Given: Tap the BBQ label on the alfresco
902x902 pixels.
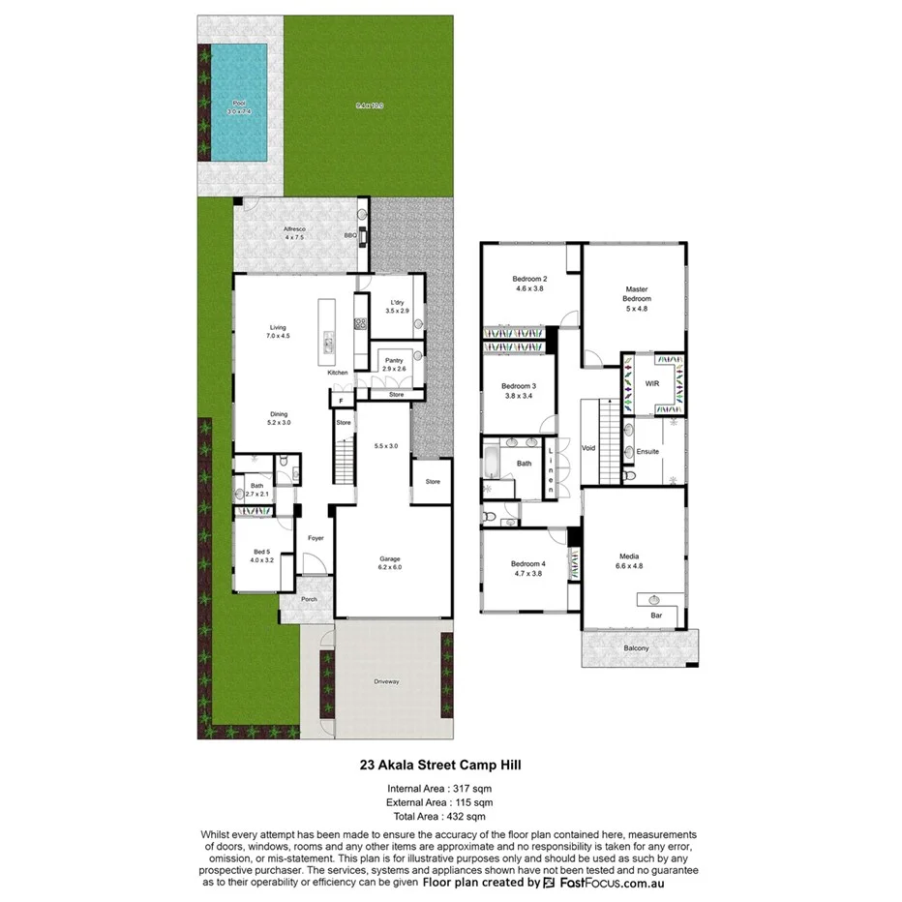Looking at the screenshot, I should point(350,235).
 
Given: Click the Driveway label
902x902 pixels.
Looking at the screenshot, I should point(386,682).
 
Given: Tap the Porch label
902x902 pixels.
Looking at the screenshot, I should point(309,599).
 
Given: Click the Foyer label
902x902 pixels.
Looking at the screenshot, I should point(316,538).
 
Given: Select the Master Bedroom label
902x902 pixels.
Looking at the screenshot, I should point(636,293).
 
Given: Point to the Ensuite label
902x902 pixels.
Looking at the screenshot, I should point(647,452).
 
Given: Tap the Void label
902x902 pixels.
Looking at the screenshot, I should point(587,448).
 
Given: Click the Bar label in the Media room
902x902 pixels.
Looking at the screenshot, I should point(654,615).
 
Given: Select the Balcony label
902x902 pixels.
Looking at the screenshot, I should point(636,647).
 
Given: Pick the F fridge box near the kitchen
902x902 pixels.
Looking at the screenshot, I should point(340,400).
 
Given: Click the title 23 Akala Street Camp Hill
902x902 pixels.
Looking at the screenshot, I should point(449,764).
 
